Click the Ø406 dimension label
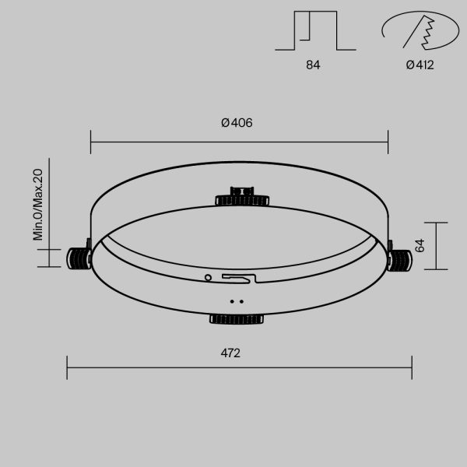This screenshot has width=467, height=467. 237,123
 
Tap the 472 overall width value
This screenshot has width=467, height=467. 230,353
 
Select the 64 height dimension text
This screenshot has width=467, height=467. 420,245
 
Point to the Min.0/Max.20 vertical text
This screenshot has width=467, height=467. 37,205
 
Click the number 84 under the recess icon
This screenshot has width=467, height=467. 313,65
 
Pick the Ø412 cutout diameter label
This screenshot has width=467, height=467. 420,65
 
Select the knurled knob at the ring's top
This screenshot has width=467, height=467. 242,196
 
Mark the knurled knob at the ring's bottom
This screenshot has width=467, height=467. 237,318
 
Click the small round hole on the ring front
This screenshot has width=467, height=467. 208,276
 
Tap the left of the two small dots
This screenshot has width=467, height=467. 231,300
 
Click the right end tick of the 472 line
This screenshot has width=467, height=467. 412,367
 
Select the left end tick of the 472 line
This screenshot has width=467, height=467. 67,367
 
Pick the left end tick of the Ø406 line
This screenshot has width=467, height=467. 91,142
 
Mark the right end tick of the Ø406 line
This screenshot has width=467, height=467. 388,142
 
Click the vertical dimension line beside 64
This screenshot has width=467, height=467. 436,245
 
